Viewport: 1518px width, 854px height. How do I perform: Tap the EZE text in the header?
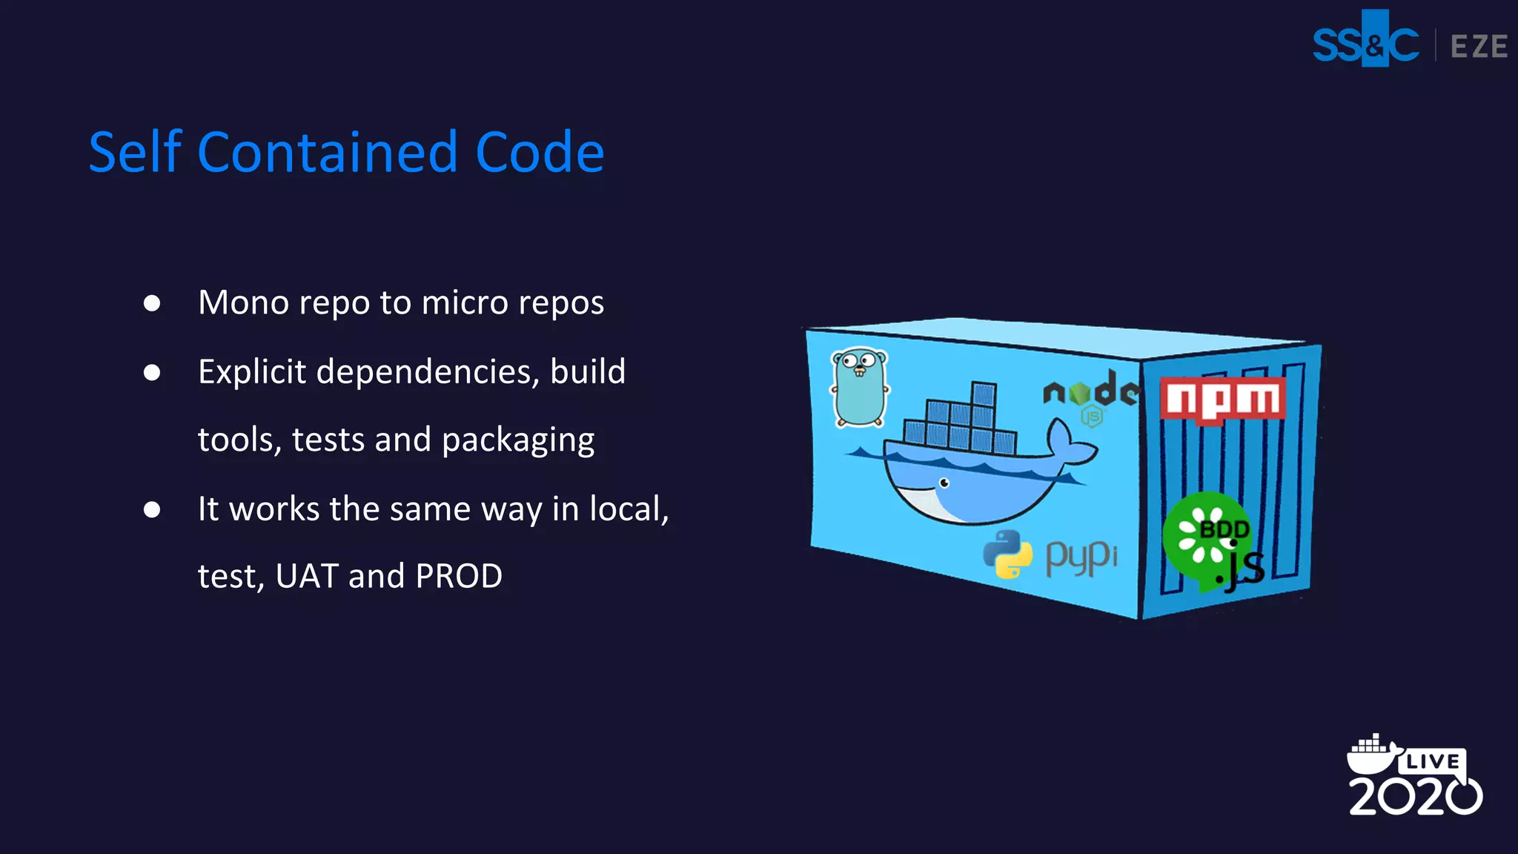pyautogui.click(x=1479, y=47)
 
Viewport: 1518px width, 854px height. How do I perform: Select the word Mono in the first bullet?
pyautogui.click(x=243, y=302)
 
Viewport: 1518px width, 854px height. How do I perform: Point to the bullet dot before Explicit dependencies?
pyautogui.click(x=152, y=372)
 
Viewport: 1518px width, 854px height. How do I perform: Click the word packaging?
pyautogui.click(x=518, y=440)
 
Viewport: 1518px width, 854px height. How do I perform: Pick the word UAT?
pyautogui.click(x=307, y=576)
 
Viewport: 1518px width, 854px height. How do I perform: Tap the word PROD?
pyautogui.click(x=459, y=576)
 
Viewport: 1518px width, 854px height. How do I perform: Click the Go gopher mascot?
pyautogui.click(x=860, y=388)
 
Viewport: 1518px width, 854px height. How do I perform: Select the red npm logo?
pyautogui.click(x=1223, y=400)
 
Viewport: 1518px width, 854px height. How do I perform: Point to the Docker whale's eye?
pyautogui.click(x=944, y=483)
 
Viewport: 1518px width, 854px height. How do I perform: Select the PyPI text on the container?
pyautogui.click(x=1081, y=557)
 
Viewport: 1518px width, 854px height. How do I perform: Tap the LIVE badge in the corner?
pyautogui.click(x=1432, y=761)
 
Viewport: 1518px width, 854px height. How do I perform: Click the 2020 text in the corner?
pyautogui.click(x=1414, y=797)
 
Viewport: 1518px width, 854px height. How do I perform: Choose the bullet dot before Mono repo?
pyautogui.click(x=152, y=303)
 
